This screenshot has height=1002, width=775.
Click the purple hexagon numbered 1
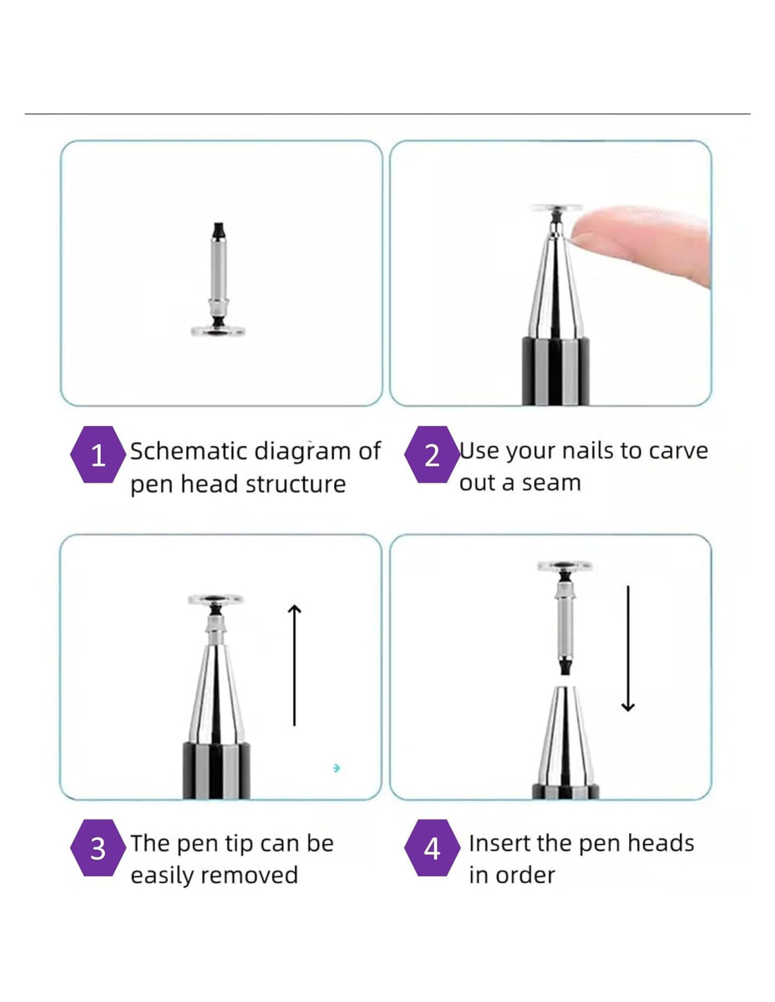98,454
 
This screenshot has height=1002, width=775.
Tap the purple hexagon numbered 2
432,454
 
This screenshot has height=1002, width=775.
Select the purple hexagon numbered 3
98,848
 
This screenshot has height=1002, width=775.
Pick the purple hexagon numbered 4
432,848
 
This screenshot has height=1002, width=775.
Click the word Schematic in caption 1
189,451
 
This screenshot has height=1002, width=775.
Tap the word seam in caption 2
551,483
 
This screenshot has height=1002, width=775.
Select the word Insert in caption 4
498,843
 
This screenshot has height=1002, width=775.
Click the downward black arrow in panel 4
628,648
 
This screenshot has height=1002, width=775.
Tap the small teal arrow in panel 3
337,768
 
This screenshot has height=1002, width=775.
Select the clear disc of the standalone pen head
218,330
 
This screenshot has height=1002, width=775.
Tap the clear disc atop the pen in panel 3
216,600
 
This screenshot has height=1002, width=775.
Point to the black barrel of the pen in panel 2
556,371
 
